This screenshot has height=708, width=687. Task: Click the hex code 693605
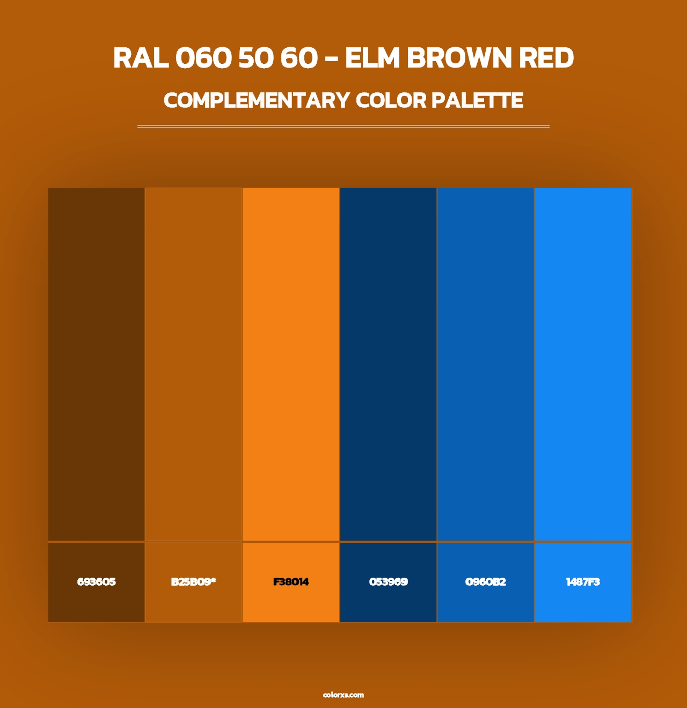[96, 582]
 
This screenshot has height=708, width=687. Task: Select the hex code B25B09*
[193, 582]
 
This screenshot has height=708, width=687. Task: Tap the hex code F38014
[291, 582]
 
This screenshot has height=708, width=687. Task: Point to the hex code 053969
[388, 582]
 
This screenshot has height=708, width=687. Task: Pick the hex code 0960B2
[485, 582]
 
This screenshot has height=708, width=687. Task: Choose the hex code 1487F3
[583, 582]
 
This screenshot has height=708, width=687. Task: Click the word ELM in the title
[373, 58]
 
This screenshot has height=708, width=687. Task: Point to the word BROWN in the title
[459, 58]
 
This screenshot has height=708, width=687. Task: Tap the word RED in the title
[546, 58]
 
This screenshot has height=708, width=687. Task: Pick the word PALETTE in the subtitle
[478, 100]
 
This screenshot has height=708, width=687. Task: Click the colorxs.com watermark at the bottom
[343, 695]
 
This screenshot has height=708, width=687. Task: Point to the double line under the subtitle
[343, 127]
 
